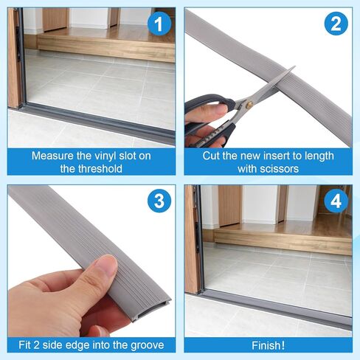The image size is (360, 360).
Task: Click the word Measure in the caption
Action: (x=52, y=156)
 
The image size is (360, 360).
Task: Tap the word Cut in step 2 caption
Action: (x=213, y=156)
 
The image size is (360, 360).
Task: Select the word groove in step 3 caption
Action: (x=148, y=345)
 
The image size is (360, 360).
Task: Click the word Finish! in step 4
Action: (x=269, y=345)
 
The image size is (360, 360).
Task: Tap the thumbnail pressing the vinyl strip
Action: (x=107, y=268)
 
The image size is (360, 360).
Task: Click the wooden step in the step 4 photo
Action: (x=288, y=240)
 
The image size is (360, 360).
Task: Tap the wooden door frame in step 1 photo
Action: (x=15, y=59)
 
